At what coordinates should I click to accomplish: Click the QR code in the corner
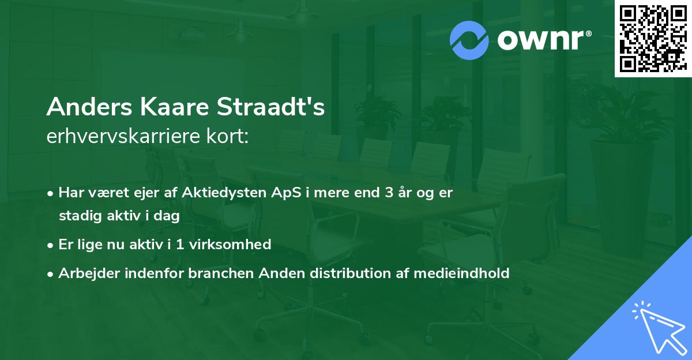[653, 38]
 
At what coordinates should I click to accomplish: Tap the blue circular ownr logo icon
[469, 40]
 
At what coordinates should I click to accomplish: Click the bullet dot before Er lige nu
[51, 245]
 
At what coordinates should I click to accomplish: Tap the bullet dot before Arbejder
[51, 274]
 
